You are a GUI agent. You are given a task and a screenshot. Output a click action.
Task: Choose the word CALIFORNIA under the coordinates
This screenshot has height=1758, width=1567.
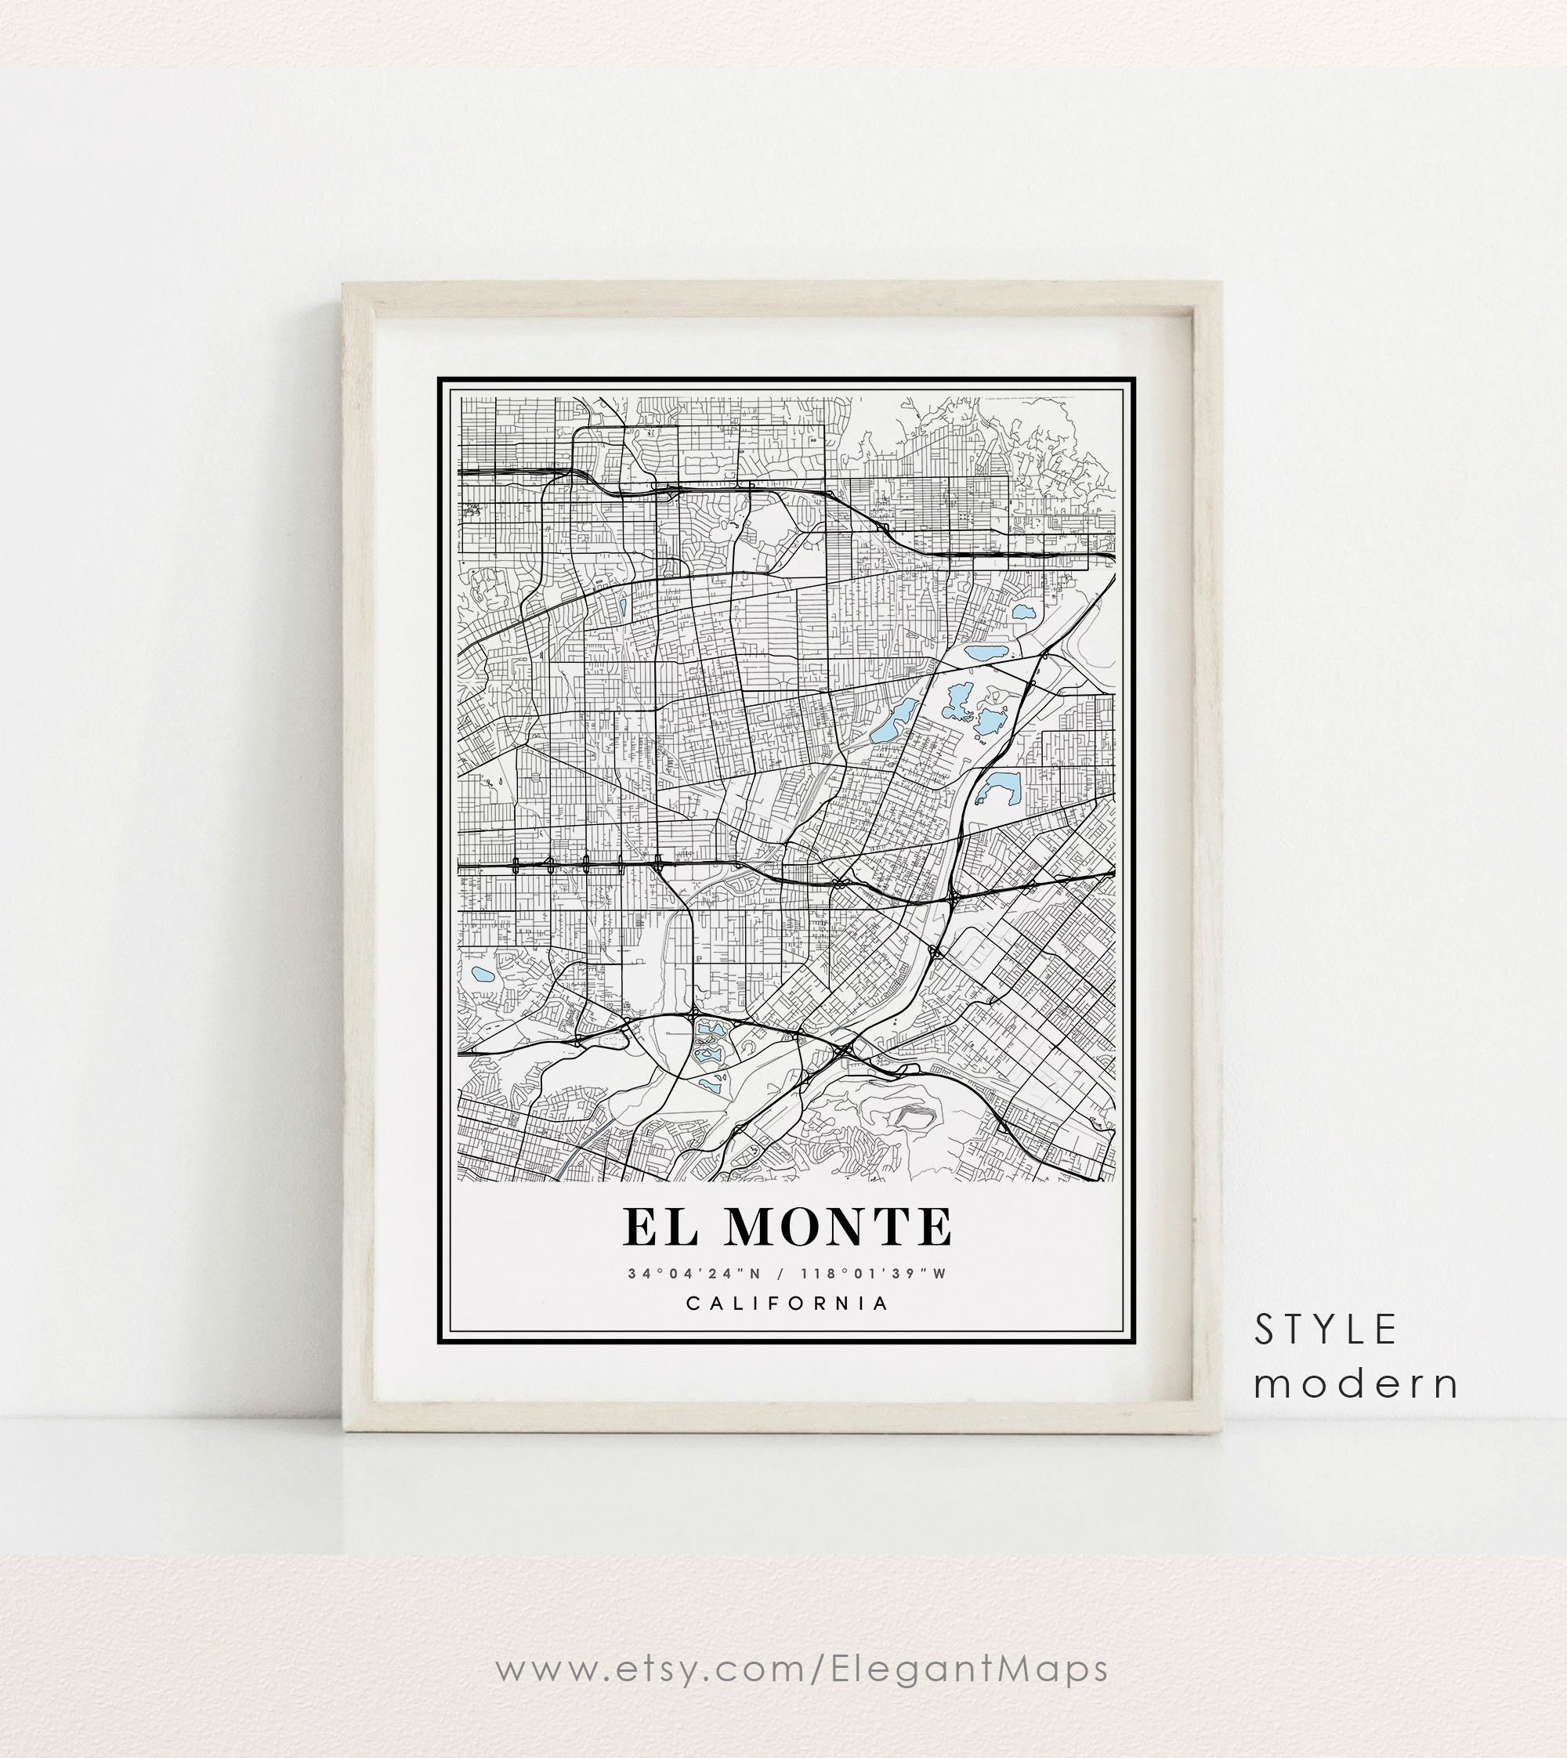787,1303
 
